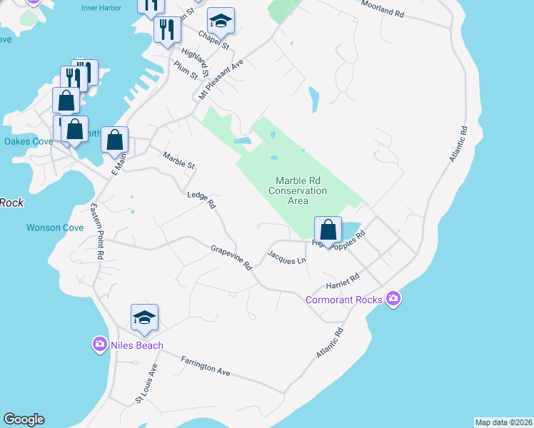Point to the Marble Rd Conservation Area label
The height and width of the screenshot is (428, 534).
coord(298,191)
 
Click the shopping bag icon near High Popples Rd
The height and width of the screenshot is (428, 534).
coord(328,230)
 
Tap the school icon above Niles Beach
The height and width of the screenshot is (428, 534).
coord(144,318)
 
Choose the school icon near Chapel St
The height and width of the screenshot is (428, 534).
coord(221,23)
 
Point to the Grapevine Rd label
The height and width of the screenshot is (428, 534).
coord(231,258)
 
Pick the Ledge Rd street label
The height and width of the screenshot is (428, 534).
coord(201,200)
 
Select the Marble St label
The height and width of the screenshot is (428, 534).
coord(178,160)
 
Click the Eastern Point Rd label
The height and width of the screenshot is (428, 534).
coord(97,231)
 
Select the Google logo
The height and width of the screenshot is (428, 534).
coord(24,419)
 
